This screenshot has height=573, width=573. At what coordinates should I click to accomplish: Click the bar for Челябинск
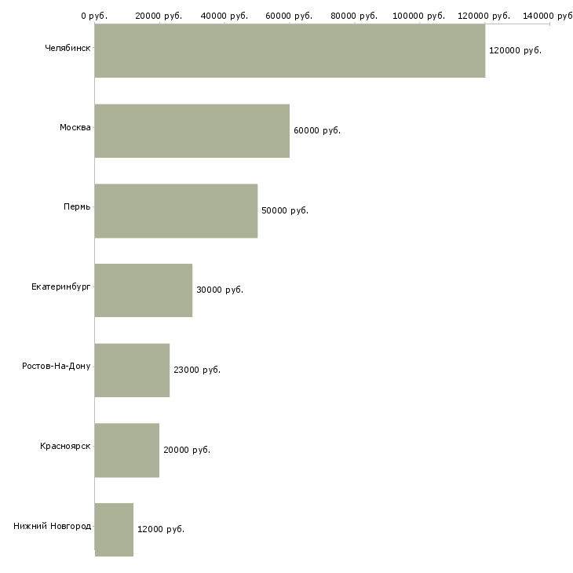tap(290, 51)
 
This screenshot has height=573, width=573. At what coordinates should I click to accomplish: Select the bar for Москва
tap(192, 131)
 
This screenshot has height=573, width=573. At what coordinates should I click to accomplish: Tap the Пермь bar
tap(176, 210)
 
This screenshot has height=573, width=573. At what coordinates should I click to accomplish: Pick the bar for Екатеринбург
tap(144, 290)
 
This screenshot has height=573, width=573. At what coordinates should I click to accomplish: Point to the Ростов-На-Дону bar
tap(132, 370)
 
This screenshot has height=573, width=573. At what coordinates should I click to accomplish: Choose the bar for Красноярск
tap(127, 450)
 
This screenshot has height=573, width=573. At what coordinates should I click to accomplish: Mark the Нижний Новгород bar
tap(114, 529)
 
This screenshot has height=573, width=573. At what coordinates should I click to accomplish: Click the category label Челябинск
tap(68, 48)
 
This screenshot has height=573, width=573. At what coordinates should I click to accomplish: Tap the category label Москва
tap(75, 127)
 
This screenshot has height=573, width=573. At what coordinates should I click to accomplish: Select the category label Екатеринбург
tap(61, 286)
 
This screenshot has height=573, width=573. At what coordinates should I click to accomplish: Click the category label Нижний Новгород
tap(52, 526)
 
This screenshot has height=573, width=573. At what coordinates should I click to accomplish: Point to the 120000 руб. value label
tap(515, 50)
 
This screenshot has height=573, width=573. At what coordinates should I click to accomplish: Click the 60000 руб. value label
tap(317, 130)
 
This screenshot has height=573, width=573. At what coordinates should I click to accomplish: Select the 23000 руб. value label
tap(197, 370)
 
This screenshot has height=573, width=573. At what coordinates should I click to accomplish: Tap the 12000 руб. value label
tap(161, 529)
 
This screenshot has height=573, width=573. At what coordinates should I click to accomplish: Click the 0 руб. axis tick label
tap(94, 16)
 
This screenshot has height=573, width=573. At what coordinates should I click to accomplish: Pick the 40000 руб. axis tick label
tap(224, 16)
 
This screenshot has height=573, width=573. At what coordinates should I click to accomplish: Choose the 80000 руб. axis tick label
tap(355, 16)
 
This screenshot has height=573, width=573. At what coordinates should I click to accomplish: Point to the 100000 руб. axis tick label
tap(419, 16)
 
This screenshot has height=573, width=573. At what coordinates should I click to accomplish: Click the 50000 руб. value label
tap(285, 210)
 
